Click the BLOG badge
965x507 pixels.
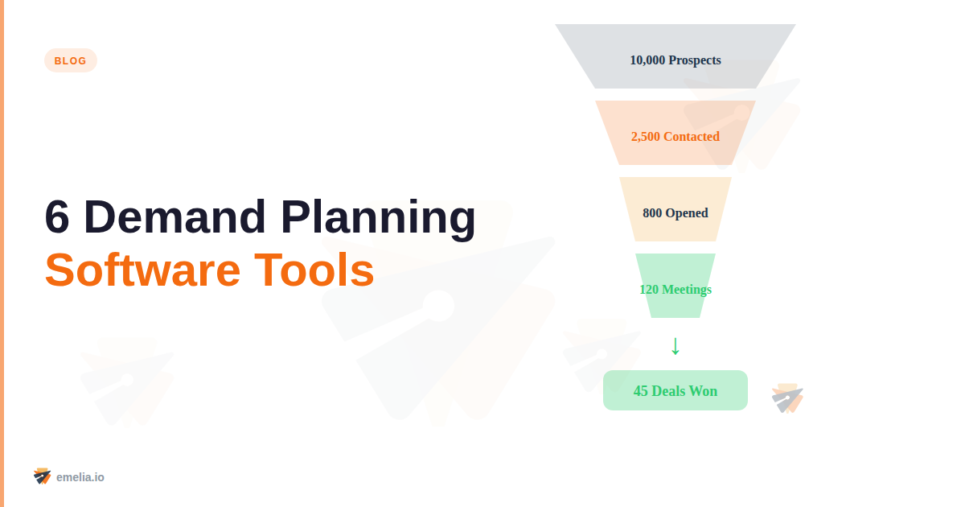click(70, 60)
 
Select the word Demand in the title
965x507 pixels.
click(175, 217)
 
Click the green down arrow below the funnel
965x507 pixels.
click(675, 345)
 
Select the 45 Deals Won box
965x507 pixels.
click(675, 390)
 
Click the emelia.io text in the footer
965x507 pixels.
click(80, 477)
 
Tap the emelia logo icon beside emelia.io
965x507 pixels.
click(42, 476)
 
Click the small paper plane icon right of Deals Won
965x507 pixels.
click(787, 398)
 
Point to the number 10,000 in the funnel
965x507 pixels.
click(647, 60)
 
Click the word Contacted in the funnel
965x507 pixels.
click(692, 137)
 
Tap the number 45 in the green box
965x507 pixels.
click(641, 391)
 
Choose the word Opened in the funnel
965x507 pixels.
click(687, 213)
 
